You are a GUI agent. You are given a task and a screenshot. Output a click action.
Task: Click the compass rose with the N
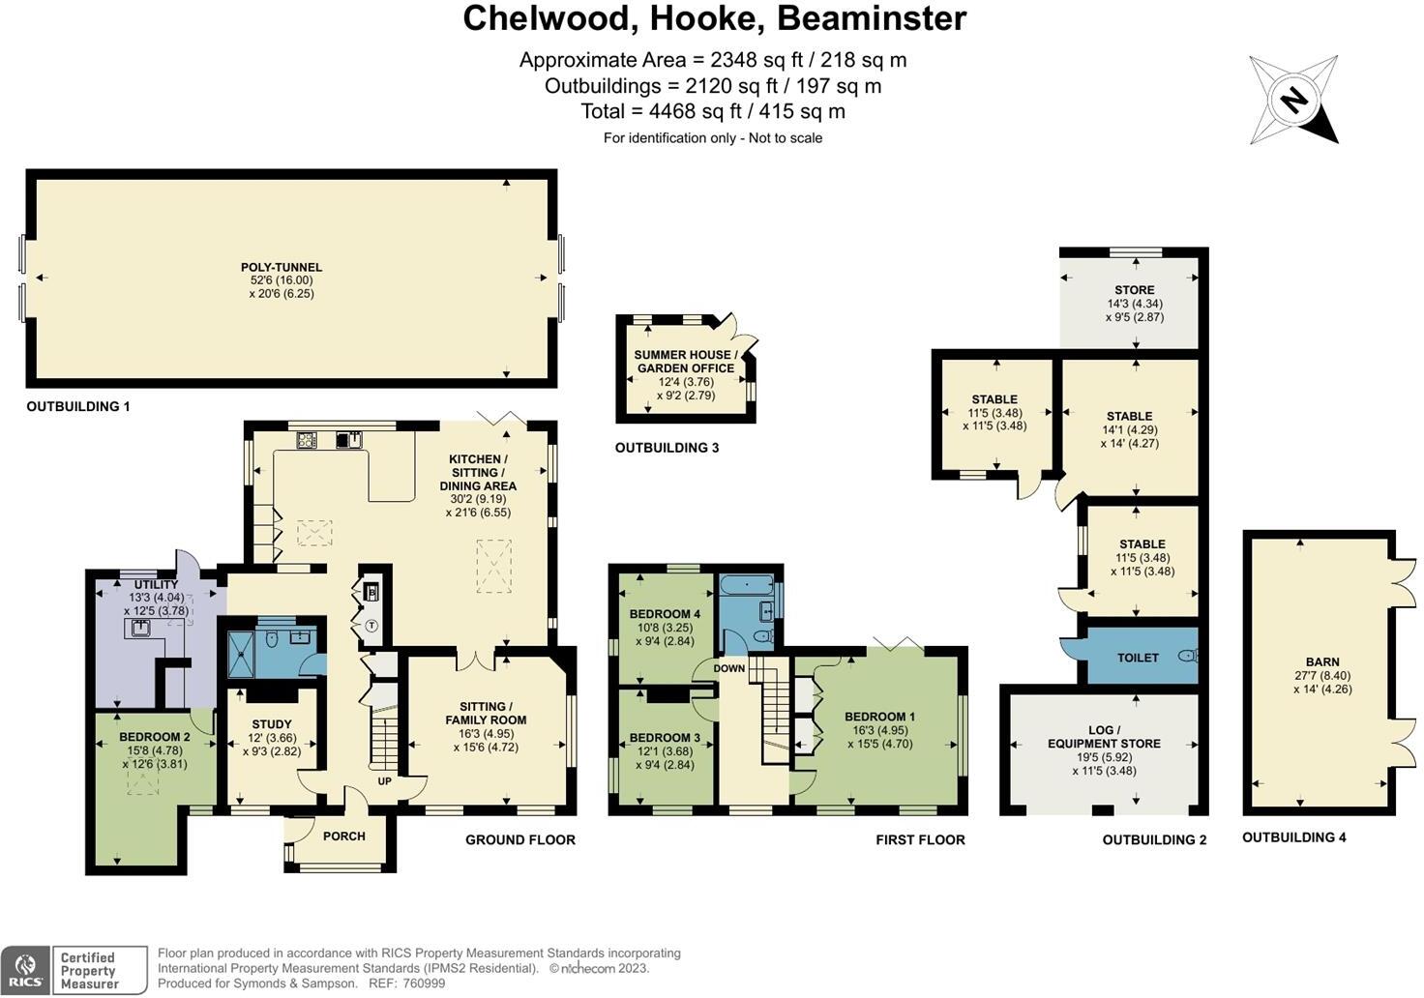[x=1292, y=100]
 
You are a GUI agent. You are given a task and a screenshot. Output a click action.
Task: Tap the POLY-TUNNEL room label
[x=282, y=268]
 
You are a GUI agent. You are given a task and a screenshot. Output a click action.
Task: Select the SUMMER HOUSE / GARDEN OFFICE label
[x=685, y=362]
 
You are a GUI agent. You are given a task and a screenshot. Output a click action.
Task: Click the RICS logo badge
[x=26, y=970]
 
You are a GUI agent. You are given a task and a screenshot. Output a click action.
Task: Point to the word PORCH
[x=343, y=837]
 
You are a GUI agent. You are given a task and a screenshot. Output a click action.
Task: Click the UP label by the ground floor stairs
[x=384, y=780]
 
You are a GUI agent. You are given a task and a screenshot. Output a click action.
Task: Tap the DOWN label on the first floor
[x=729, y=668]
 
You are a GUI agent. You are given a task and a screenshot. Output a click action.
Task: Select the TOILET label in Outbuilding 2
[x=1138, y=658]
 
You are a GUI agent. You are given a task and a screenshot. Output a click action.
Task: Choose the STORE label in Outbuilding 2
[x=1134, y=290]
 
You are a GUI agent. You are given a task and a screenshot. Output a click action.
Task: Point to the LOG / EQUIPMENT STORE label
[x=1104, y=737]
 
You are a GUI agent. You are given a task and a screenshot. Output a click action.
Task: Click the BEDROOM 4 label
[x=664, y=614]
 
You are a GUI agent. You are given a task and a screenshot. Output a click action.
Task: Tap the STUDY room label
[x=271, y=724]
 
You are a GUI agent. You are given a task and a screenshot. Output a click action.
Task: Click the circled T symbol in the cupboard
[x=371, y=626]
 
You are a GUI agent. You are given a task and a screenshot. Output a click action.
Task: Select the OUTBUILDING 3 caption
[x=667, y=448]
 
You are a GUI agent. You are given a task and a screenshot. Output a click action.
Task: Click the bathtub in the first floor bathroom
[x=746, y=584]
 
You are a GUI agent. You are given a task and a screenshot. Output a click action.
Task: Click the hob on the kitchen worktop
[x=307, y=440]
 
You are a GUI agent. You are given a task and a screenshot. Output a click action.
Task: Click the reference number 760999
[x=424, y=983]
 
